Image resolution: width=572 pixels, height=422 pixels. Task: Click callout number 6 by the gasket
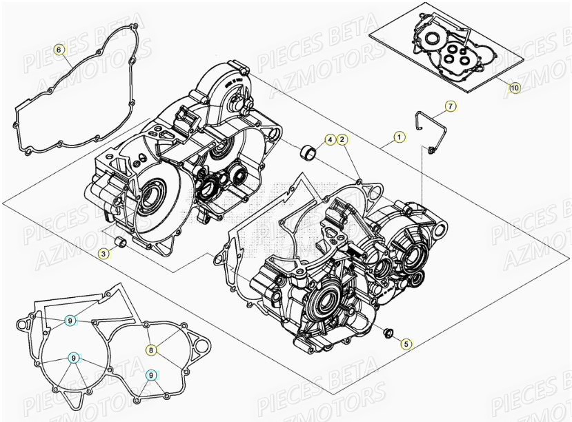(59, 50)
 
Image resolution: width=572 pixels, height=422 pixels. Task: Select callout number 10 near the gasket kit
(514, 88)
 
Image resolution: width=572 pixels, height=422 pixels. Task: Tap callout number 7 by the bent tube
(449, 106)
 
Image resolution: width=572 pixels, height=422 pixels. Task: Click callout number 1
(398, 137)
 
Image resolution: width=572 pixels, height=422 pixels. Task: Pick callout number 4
(331, 141)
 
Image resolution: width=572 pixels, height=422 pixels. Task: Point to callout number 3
(103, 254)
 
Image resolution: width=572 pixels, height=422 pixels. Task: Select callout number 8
(151, 350)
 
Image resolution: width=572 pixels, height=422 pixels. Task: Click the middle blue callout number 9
(73, 358)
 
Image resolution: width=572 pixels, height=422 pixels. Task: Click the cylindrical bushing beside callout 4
(310, 150)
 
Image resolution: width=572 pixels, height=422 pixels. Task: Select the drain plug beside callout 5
(388, 334)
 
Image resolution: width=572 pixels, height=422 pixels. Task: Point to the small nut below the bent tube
(431, 150)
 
